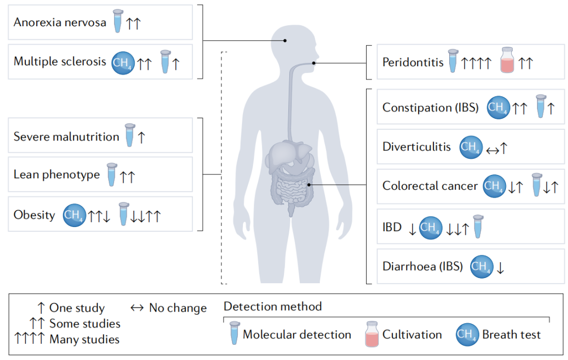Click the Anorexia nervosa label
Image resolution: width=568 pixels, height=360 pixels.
coord(60,23)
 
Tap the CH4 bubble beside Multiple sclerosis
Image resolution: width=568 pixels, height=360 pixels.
coord(123,63)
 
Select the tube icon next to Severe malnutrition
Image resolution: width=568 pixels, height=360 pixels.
coord(130,135)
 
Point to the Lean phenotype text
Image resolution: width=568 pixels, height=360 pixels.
coord(56,175)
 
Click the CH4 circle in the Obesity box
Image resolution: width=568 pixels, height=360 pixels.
coord(74,215)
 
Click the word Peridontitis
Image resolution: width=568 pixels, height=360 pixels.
coord(413,62)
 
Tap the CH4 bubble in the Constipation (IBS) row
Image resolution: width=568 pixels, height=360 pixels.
coord(498,107)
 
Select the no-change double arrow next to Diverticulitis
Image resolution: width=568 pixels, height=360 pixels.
coord(492,150)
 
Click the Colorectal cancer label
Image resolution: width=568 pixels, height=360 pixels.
coord(430,186)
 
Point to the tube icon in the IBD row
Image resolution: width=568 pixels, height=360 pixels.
coord(478,227)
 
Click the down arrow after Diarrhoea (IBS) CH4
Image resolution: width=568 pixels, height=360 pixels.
coord(500,268)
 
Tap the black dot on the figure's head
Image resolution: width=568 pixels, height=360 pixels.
coord(285,40)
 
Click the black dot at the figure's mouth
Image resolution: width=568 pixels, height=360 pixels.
coord(313,63)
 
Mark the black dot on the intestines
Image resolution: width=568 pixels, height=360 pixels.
coord(309,185)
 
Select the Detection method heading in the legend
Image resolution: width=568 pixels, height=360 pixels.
coord(273,306)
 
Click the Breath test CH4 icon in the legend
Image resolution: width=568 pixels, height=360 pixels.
coord(468,334)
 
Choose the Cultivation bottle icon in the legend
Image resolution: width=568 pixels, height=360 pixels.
coord(372,334)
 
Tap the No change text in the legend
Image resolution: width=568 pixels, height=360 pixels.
coord(178,308)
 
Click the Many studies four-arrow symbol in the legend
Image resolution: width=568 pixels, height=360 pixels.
coord(29,338)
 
